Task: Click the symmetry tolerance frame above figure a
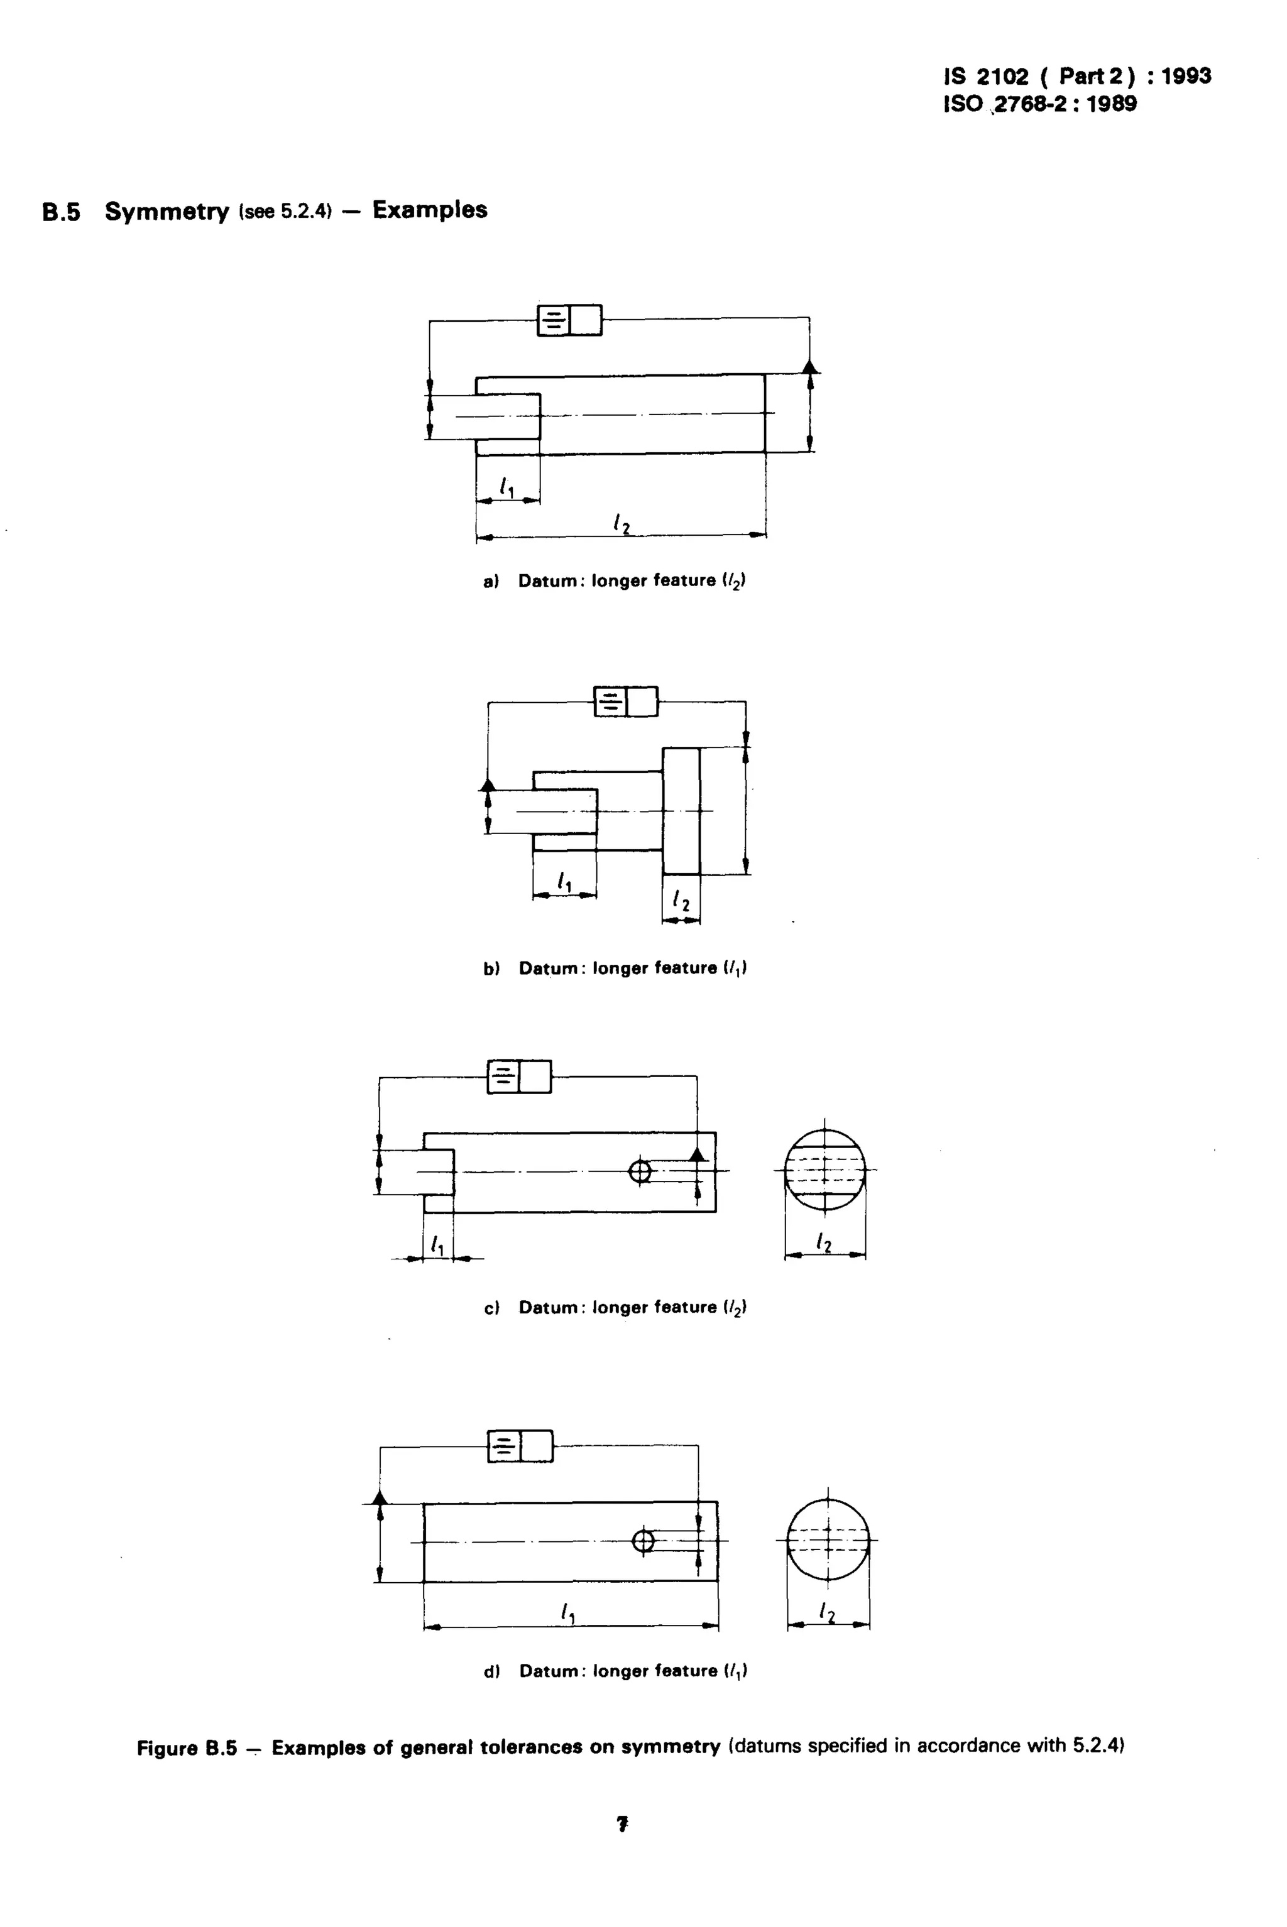tap(569, 320)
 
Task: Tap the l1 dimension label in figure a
tap(507, 488)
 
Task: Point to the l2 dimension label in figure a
tap(623, 523)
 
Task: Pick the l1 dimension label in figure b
tap(564, 882)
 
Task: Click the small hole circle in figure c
tap(639, 1171)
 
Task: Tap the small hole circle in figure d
tap(643, 1541)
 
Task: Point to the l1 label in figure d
tap(568, 1614)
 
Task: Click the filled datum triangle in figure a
tap(809, 367)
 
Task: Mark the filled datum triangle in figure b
tap(488, 784)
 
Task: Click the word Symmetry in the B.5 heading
tap(167, 212)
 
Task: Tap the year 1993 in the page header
tap(1185, 76)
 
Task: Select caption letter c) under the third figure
tap(491, 1308)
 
